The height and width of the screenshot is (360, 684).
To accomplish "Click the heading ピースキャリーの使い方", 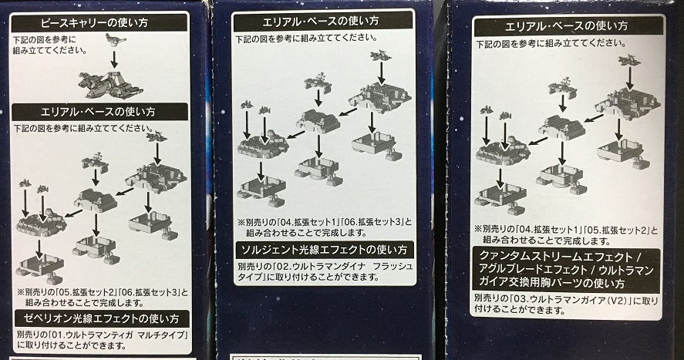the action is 94,22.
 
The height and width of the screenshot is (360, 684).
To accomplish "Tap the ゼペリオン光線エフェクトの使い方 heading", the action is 102,319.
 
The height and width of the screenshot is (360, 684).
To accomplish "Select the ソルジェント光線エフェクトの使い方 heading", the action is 324,250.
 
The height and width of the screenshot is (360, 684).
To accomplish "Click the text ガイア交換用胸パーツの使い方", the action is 552,283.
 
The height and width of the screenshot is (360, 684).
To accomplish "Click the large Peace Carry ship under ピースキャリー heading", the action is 111,85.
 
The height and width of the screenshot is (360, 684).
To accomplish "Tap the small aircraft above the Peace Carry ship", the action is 115,39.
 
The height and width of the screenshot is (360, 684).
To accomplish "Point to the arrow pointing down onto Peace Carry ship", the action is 114,59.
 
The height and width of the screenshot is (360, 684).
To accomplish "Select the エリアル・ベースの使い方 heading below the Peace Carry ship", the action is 98,112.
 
